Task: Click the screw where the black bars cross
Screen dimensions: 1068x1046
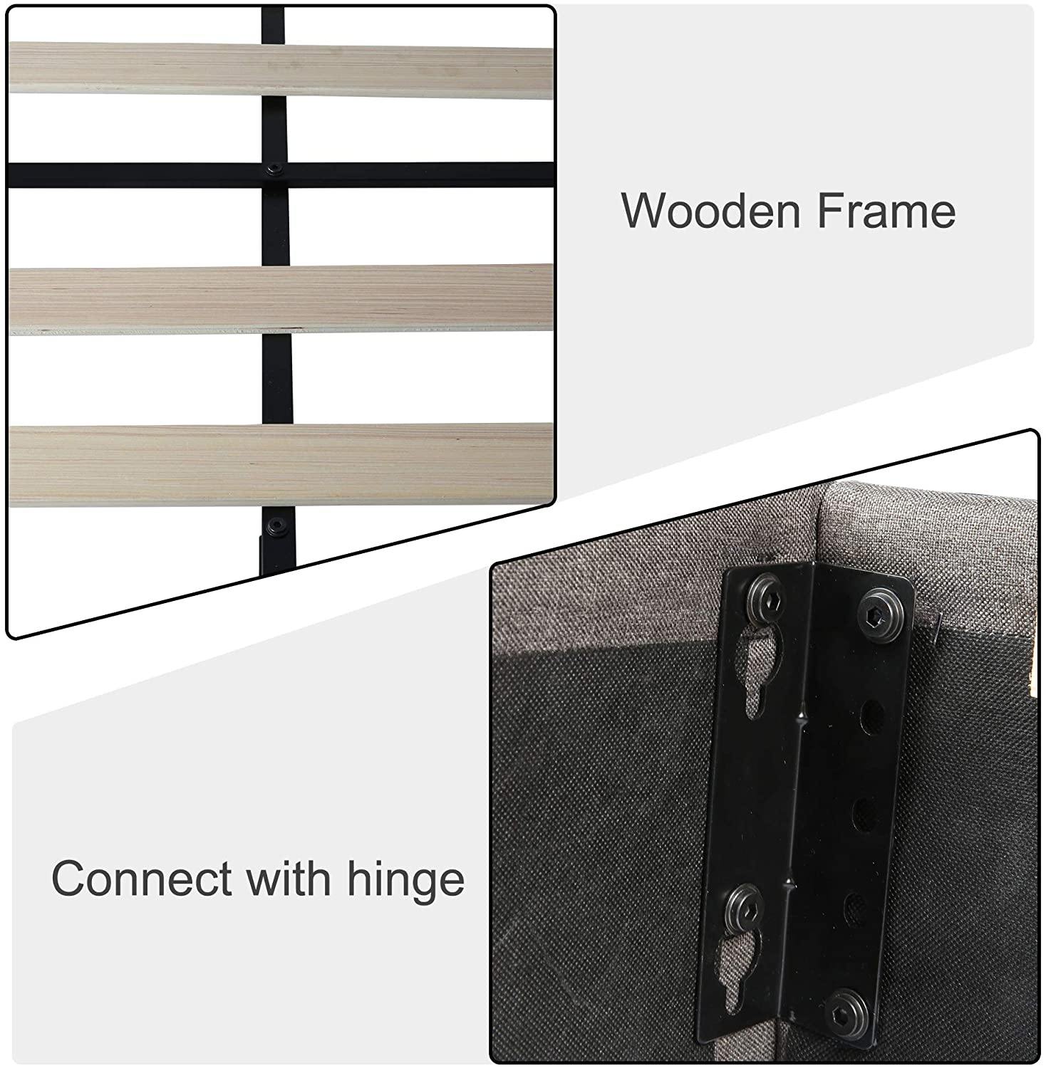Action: click(x=274, y=169)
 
